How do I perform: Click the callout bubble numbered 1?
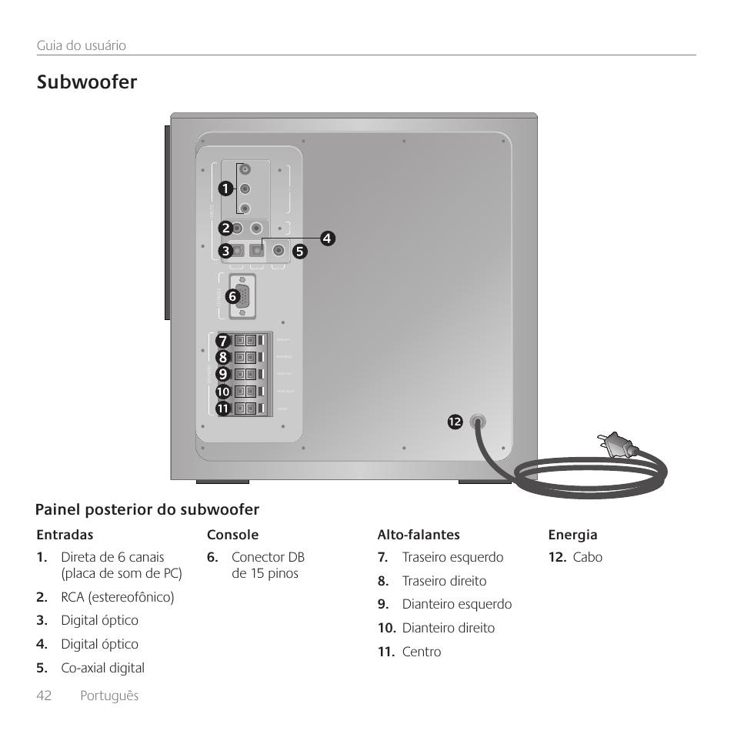(x=223, y=188)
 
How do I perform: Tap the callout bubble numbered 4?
(x=326, y=239)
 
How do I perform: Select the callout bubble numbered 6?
(x=230, y=295)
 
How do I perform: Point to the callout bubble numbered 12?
(x=454, y=422)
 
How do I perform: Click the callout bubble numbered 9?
(x=222, y=374)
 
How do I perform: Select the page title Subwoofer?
(x=87, y=83)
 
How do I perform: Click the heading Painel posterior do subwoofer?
(x=147, y=509)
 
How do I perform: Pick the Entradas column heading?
(x=65, y=535)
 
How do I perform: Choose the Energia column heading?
(x=572, y=535)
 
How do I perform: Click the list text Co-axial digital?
(x=102, y=668)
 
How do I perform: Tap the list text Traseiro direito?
(x=444, y=581)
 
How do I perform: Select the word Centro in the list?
(x=422, y=652)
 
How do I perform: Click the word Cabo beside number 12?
(x=587, y=557)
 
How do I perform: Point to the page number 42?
(x=44, y=695)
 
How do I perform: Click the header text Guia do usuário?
(x=82, y=45)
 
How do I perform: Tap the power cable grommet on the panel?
(x=477, y=422)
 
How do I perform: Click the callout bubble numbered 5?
(x=299, y=251)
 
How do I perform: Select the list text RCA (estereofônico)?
(x=118, y=597)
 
